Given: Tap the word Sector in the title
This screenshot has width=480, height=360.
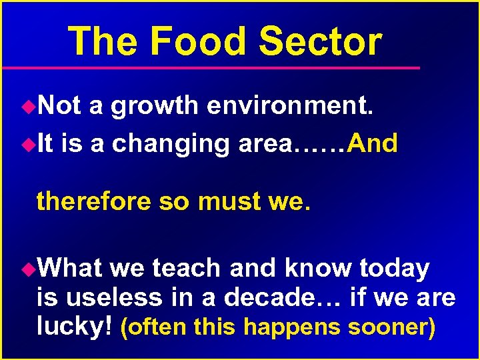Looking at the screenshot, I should (x=320, y=41).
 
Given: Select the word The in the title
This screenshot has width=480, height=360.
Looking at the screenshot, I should (x=102, y=41).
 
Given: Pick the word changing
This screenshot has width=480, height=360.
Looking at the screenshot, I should (x=168, y=144).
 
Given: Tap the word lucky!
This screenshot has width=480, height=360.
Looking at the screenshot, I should (x=74, y=327).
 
